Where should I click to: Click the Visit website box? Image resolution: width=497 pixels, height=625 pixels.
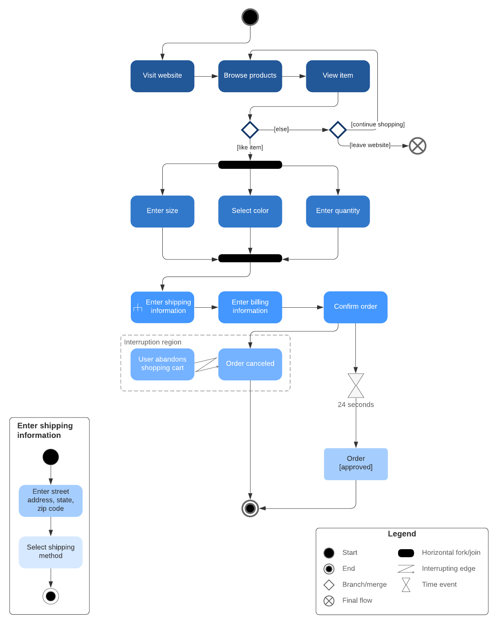click(x=162, y=76)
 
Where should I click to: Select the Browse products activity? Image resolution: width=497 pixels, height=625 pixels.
click(x=250, y=76)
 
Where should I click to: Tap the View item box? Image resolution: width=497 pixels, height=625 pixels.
click(x=338, y=76)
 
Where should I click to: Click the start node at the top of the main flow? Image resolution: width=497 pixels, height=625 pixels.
click(x=250, y=17)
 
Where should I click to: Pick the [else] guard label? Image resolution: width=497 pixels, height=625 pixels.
click(x=281, y=129)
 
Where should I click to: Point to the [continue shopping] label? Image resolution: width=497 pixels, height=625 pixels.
click(x=377, y=125)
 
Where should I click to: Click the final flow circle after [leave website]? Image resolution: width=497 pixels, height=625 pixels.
click(x=418, y=146)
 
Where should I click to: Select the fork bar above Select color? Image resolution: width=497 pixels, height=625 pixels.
click(x=250, y=165)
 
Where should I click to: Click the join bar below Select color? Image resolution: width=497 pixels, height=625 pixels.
click(x=250, y=258)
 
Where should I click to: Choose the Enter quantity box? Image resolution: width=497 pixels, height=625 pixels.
click(x=338, y=211)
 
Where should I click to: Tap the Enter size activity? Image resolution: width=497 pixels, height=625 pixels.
click(x=162, y=211)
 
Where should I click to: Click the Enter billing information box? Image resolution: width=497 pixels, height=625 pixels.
click(x=250, y=307)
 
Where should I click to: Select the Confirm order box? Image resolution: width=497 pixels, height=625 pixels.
click(x=355, y=307)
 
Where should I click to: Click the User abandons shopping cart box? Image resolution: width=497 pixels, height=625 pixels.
click(x=162, y=364)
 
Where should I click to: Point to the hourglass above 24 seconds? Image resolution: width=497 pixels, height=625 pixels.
click(x=356, y=386)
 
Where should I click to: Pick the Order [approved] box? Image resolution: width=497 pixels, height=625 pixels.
click(x=356, y=464)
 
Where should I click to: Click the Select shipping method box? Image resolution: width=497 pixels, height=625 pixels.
click(x=51, y=552)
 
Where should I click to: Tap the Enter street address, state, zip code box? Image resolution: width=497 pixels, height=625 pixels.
click(x=51, y=500)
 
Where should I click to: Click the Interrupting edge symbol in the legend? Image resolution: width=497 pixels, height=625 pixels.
click(x=406, y=569)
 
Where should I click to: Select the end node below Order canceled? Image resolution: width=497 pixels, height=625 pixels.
click(x=250, y=508)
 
